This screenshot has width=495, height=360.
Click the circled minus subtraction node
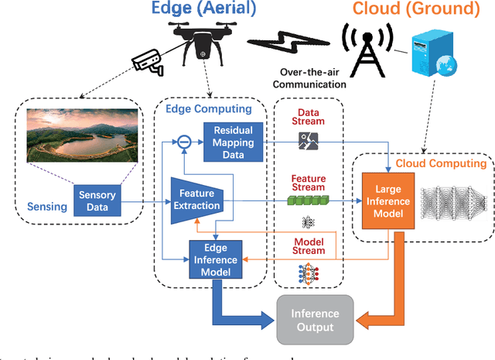(183, 142)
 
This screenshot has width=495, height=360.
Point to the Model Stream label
(307, 246)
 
